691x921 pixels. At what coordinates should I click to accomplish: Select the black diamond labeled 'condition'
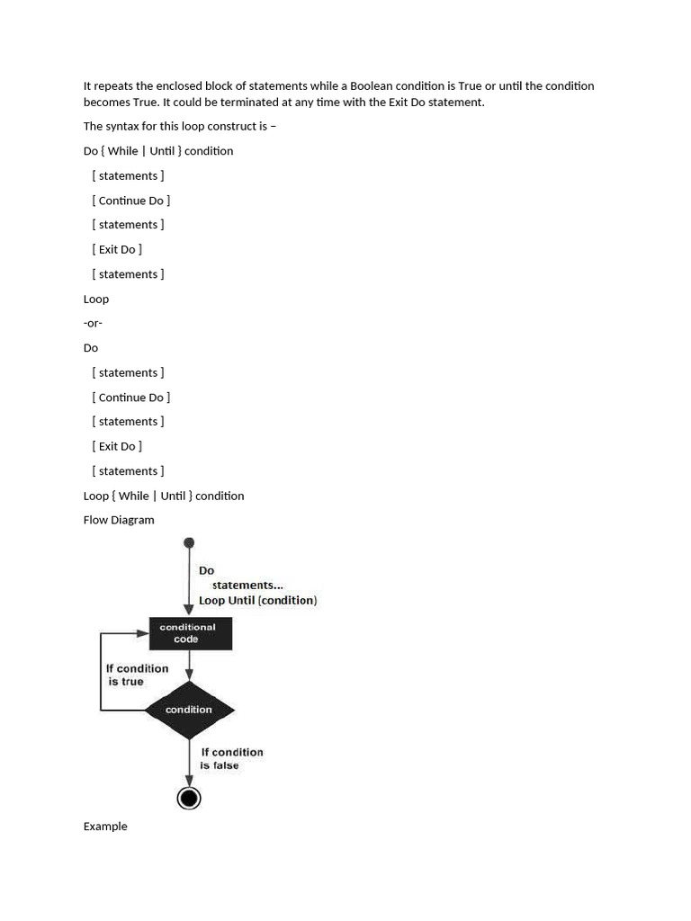click(189, 710)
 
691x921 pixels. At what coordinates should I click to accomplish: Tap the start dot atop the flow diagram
click(189, 542)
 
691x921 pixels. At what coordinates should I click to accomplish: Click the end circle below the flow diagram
click(189, 798)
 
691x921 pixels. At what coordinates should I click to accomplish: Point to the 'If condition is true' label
click(137, 675)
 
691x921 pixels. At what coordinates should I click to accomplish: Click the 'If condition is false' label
click(231, 758)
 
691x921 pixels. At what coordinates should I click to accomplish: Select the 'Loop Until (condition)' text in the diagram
click(257, 600)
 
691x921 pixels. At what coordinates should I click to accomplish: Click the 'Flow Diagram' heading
click(119, 520)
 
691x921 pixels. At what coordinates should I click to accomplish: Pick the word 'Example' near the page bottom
click(105, 827)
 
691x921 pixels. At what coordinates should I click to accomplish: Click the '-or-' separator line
click(93, 323)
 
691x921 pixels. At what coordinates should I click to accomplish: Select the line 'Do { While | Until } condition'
click(158, 151)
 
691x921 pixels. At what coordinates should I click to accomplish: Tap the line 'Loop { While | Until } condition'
click(164, 496)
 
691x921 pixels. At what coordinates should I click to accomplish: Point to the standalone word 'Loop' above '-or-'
click(96, 299)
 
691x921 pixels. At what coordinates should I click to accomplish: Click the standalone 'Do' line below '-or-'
click(91, 348)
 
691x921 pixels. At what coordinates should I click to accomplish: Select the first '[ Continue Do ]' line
click(130, 201)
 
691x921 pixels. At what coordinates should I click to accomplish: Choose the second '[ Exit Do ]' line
click(117, 446)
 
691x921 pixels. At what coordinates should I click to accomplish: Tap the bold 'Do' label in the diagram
click(207, 570)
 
